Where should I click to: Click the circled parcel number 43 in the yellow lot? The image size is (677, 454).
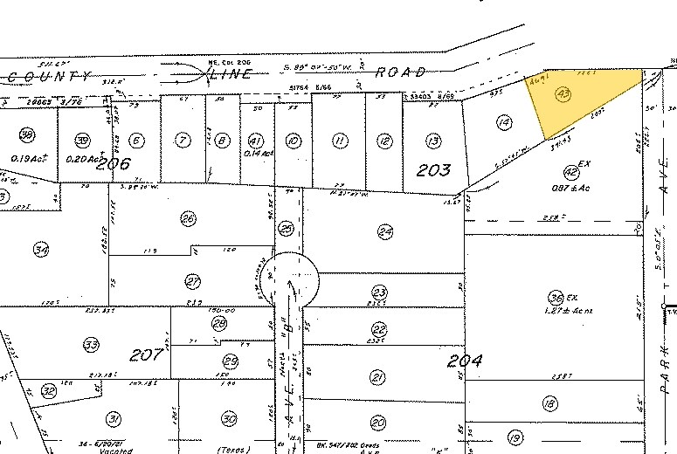(563, 93)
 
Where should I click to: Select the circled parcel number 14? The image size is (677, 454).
(502, 123)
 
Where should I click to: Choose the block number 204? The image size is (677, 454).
(466, 361)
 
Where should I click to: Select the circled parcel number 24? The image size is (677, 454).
(385, 230)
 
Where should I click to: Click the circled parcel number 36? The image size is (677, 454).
(554, 296)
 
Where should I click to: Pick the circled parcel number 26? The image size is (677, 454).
(187, 217)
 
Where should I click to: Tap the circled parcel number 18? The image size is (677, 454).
(549, 404)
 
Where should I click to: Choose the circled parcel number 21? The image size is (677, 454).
(378, 376)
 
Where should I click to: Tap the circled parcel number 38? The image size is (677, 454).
(27, 135)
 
